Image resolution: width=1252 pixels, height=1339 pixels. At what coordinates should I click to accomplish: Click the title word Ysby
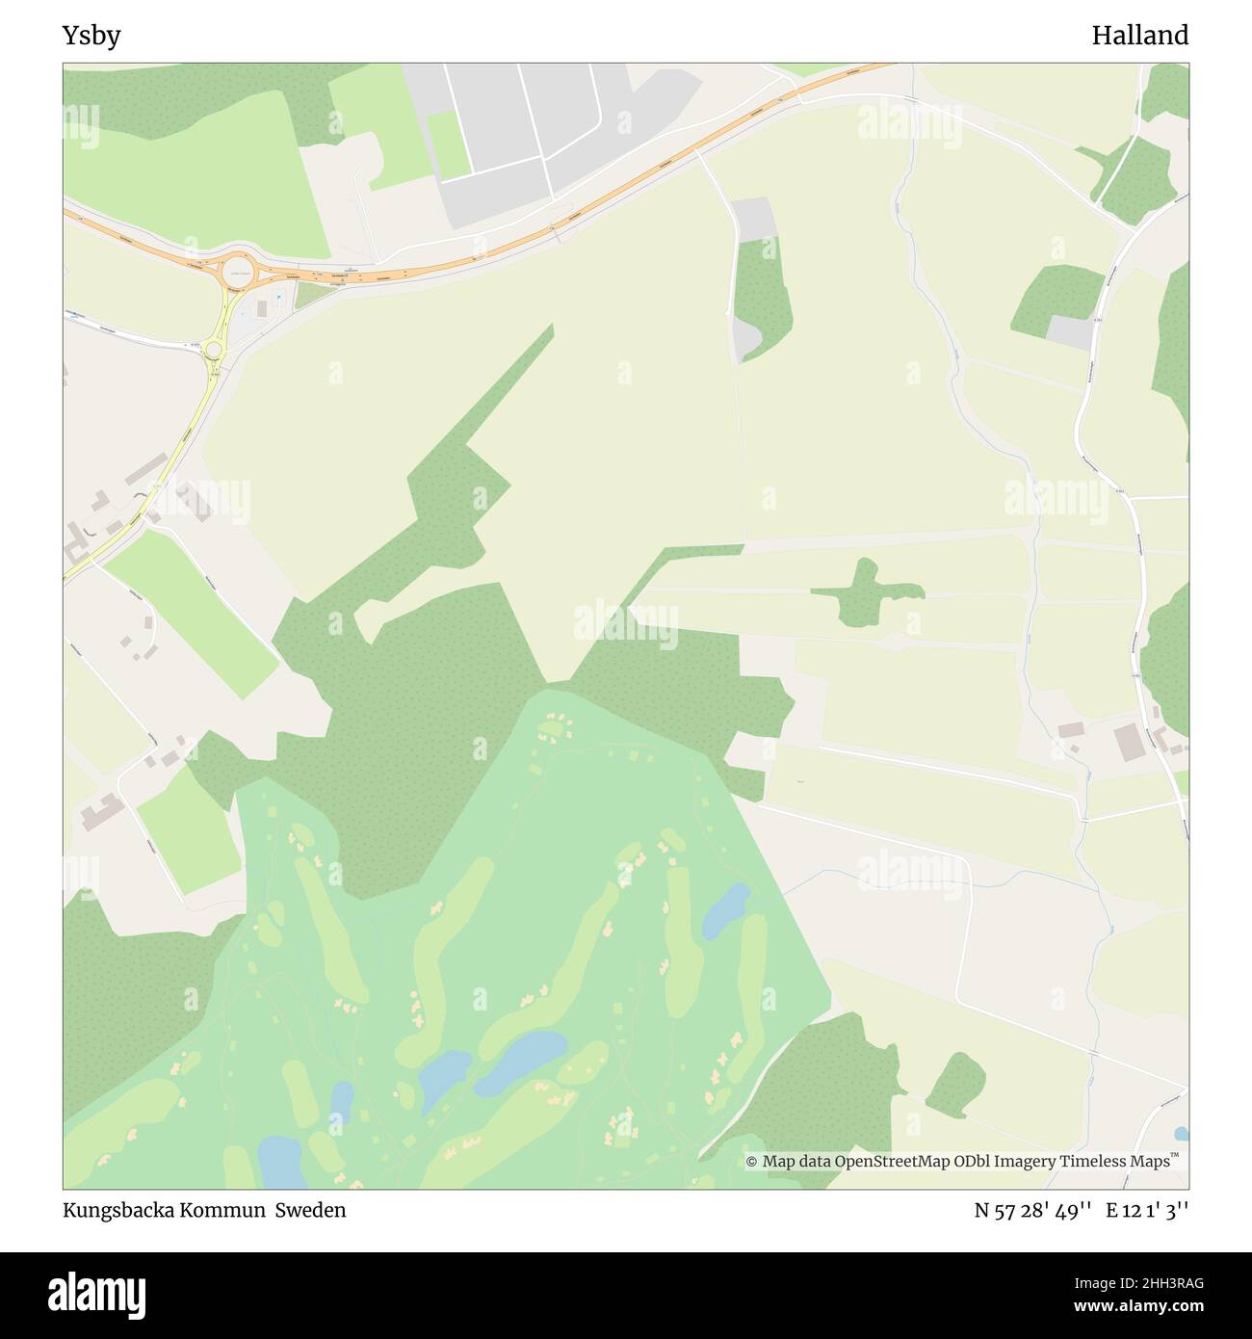(x=91, y=37)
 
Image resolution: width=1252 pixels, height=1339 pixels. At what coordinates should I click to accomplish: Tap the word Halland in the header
(x=1139, y=37)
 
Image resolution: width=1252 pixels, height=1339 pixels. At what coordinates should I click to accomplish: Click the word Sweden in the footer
(x=310, y=1210)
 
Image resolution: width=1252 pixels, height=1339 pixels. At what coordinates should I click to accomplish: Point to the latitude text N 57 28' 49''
(x=1031, y=1211)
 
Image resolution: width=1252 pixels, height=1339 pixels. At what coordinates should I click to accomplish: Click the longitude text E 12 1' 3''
(x=1147, y=1211)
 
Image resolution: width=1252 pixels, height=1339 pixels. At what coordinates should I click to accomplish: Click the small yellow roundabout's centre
(x=214, y=353)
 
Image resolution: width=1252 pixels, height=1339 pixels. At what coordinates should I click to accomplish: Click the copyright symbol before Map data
(x=752, y=1162)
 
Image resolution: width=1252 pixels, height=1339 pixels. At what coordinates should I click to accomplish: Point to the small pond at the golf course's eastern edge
(x=727, y=909)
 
